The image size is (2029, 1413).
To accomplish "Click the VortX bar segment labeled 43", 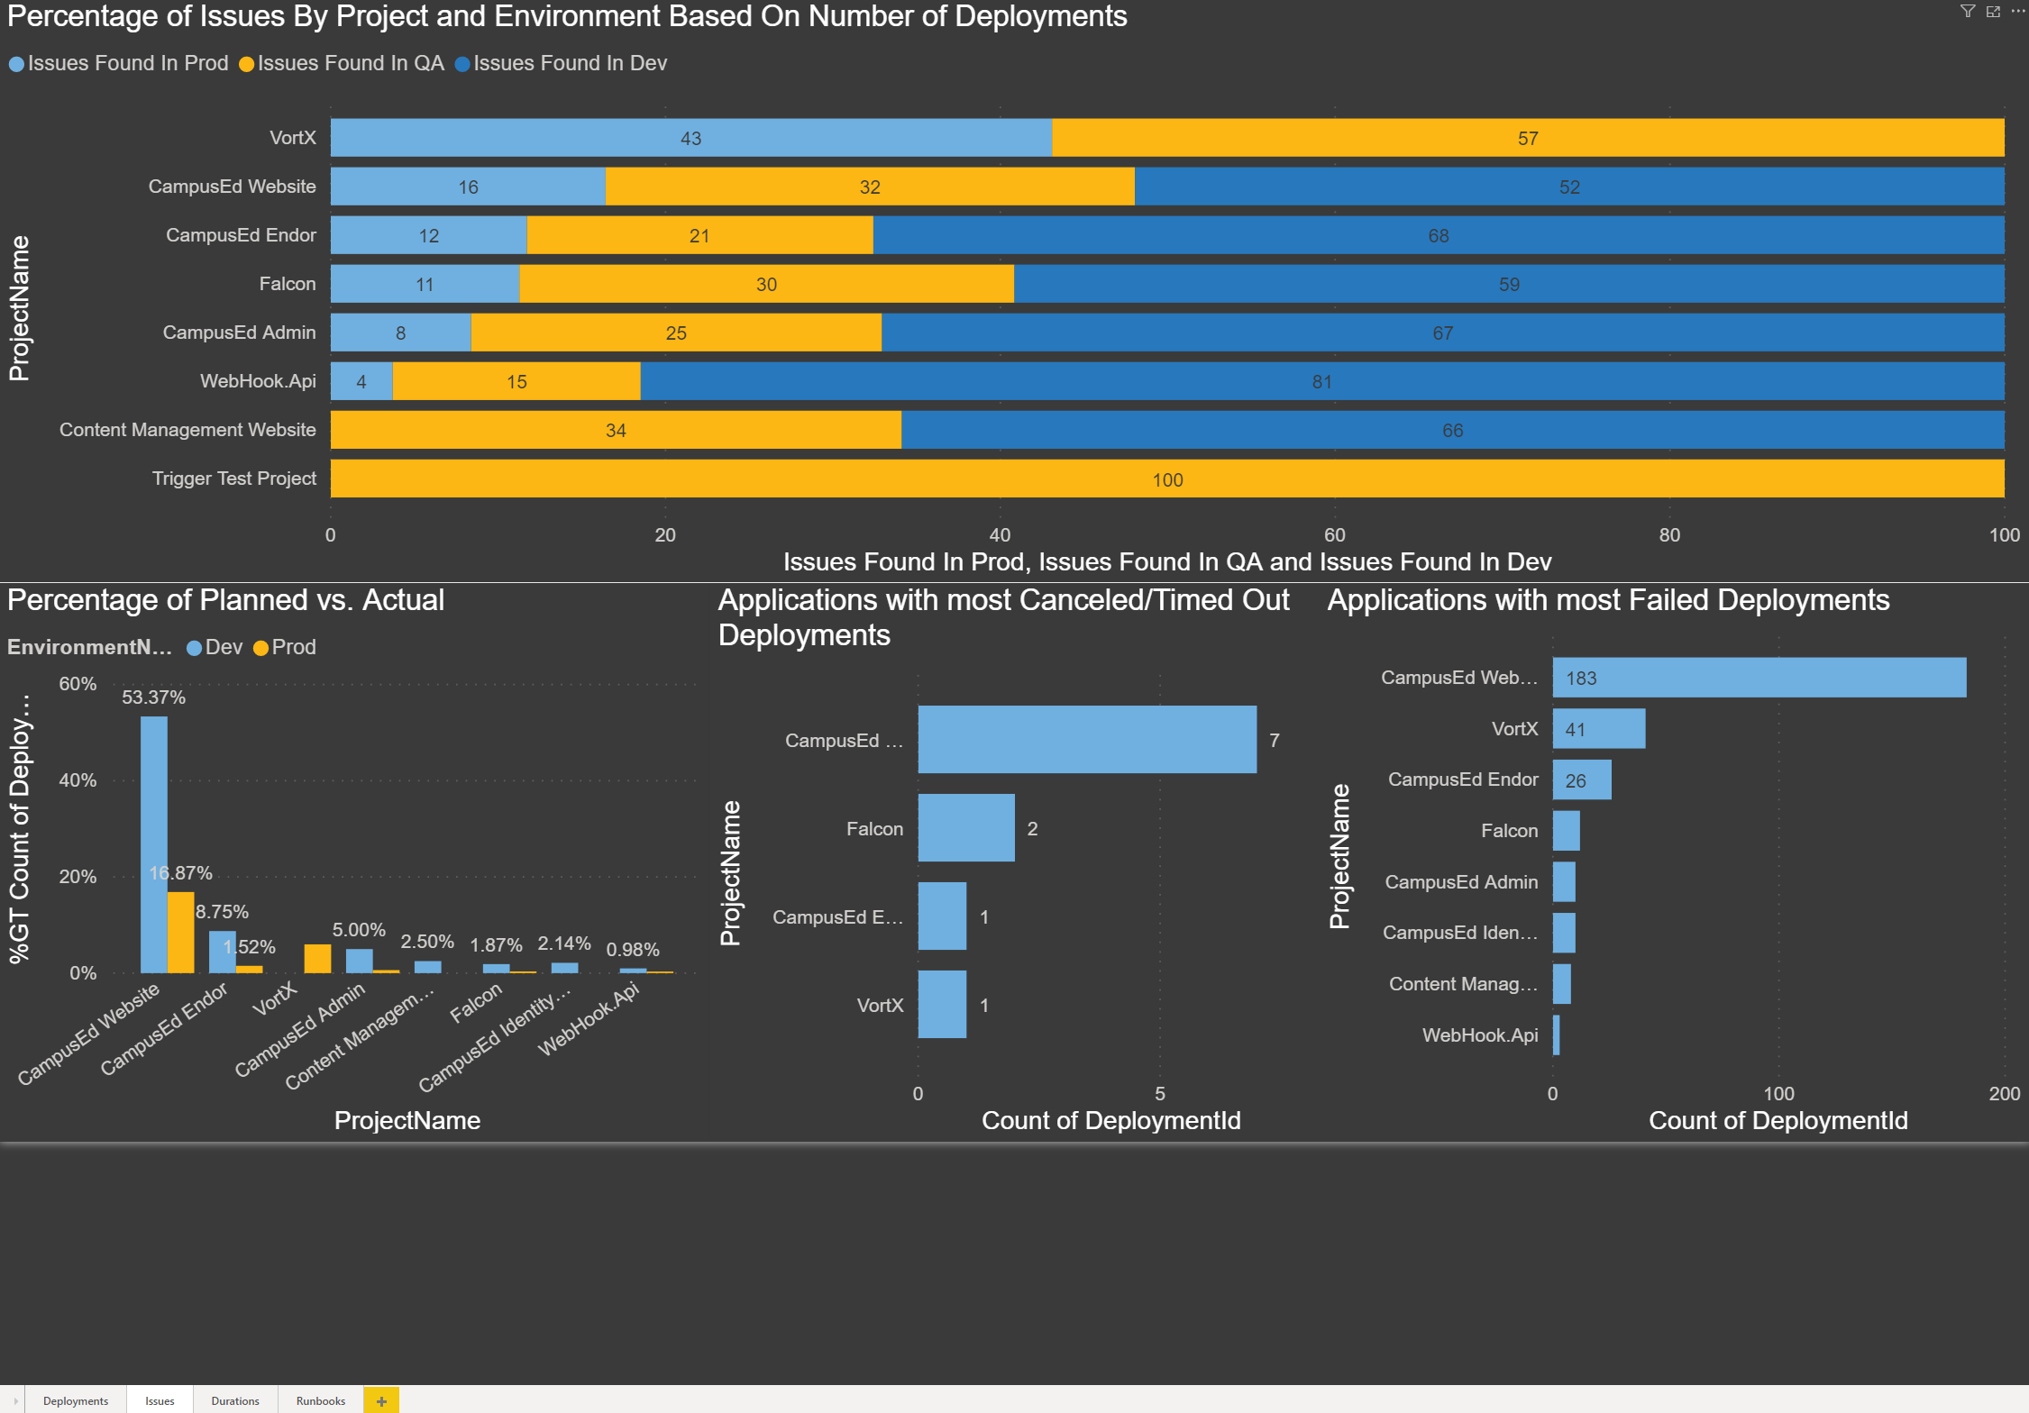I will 690,138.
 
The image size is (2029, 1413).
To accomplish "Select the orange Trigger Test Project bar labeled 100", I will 1166,479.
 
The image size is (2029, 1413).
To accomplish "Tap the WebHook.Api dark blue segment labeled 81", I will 1321,381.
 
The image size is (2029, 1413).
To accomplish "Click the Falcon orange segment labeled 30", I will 765,284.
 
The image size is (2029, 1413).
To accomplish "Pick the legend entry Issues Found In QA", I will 343,63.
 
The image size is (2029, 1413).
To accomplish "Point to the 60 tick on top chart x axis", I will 1334,534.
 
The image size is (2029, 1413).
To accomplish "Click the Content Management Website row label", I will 187,430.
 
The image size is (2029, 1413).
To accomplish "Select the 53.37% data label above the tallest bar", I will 153,697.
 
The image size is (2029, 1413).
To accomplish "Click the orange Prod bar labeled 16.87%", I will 180,933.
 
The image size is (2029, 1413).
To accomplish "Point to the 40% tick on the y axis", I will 78,780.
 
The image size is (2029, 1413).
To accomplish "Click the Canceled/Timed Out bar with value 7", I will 1086,739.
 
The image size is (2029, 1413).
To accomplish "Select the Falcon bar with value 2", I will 965,827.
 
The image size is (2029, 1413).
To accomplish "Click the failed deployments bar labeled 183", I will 1758,677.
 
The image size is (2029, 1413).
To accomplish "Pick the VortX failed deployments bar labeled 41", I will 1598,728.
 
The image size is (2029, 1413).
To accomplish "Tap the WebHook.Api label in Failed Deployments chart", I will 1479,1035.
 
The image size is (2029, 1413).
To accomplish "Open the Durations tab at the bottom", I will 234,1400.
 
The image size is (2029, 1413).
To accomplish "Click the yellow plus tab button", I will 381,1400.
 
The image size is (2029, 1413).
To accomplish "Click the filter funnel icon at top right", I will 1968,11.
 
